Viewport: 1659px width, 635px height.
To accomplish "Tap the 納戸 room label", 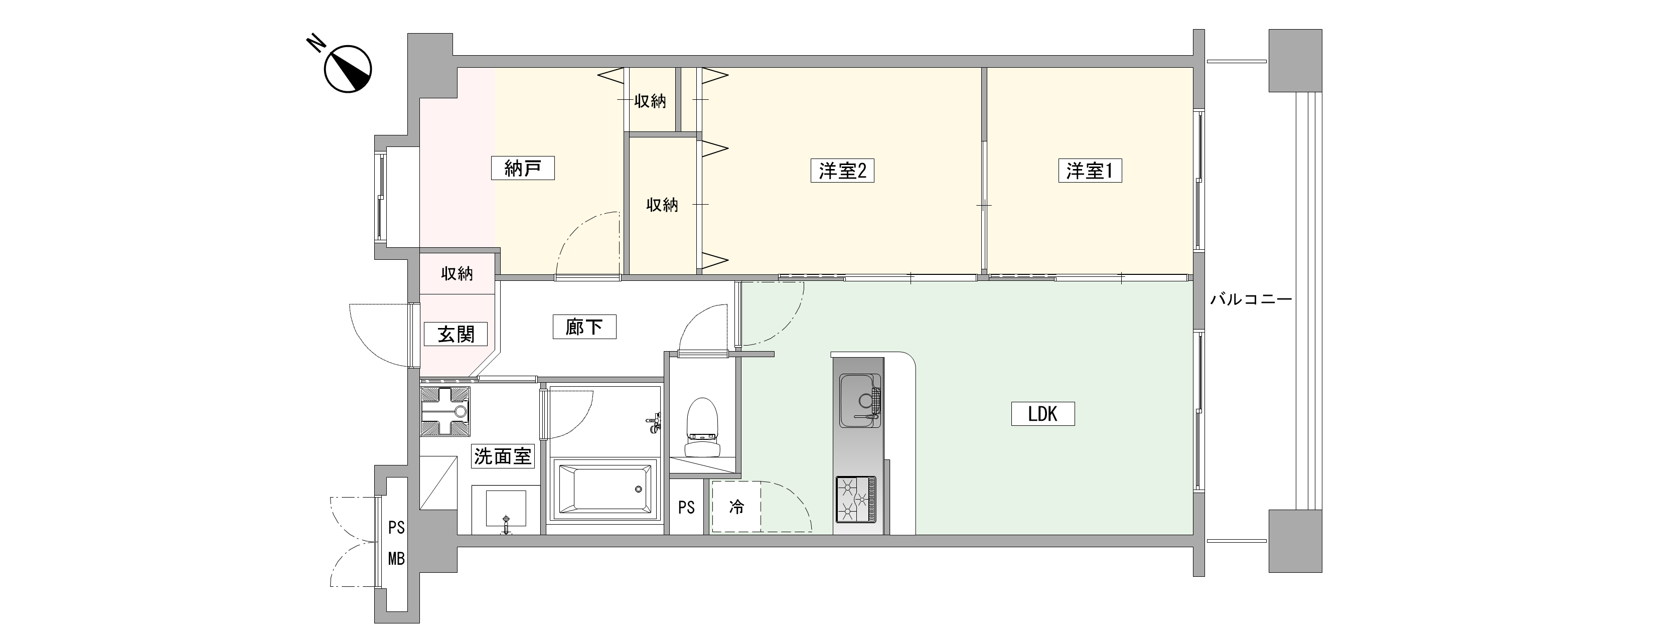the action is (x=522, y=169).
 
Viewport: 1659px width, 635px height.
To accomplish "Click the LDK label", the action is (x=1042, y=413).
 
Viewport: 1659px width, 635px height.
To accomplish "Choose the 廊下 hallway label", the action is (x=584, y=327).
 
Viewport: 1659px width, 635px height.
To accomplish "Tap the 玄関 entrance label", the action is (x=456, y=334).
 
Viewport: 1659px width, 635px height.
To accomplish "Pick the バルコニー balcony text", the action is (x=1251, y=300).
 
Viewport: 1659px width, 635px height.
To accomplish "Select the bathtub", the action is (x=605, y=490).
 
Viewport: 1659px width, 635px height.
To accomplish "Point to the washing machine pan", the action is (x=445, y=411).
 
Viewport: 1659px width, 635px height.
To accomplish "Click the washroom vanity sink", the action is (x=506, y=510).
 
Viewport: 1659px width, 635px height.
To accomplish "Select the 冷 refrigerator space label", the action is (x=736, y=507).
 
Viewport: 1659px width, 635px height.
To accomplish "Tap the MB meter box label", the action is (x=396, y=559).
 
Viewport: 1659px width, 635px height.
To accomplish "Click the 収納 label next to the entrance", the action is (x=457, y=274).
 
